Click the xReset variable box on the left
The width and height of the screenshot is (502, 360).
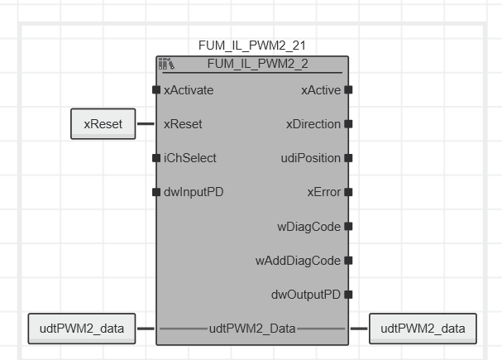point(103,124)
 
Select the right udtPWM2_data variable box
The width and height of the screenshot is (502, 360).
point(423,329)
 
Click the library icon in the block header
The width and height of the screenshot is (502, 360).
point(165,64)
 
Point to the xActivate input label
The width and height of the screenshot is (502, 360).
point(189,90)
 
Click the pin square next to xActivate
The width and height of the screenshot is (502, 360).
point(156,90)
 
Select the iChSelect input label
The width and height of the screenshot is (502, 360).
point(190,158)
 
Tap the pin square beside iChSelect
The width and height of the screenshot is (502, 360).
point(156,158)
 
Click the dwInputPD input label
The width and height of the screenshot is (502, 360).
point(194,192)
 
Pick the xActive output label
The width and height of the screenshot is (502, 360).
point(321,90)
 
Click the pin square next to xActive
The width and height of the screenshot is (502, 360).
point(348,90)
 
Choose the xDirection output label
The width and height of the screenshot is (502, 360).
point(313,124)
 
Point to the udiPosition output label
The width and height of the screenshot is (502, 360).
point(311,158)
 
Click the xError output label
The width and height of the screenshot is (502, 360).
point(324,192)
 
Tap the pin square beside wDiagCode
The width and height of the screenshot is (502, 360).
point(348,226)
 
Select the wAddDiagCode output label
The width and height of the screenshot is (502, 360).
point(298,260)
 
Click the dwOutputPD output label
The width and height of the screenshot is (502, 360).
point(306,294)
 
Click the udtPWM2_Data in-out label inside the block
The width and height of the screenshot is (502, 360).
point(251,329)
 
